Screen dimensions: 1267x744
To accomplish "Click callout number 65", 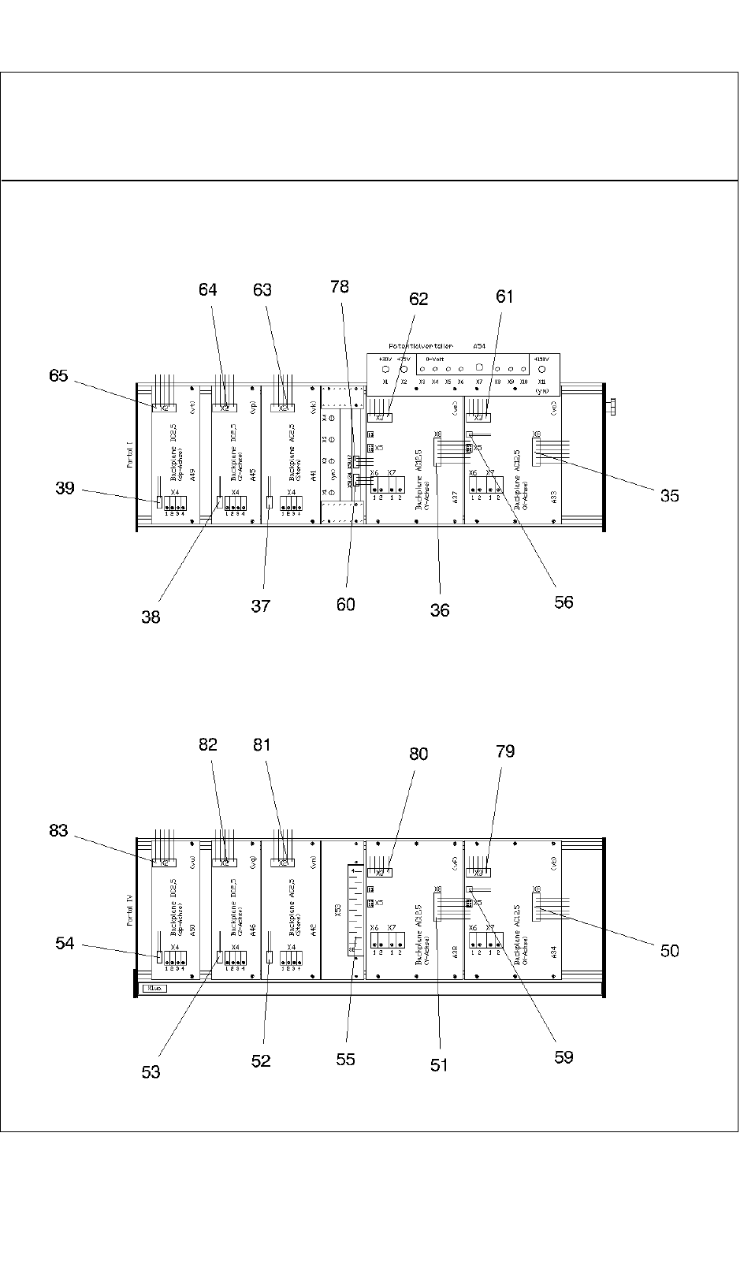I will [59, 376].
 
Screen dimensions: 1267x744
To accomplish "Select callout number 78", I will [340, 287].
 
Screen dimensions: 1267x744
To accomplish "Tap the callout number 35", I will [669, 496].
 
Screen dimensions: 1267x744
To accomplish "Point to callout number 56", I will [564, 602].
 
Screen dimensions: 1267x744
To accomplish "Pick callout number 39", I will [65, 488].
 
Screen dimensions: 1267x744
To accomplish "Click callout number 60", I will [345, 605].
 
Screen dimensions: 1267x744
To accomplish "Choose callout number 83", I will [59, 831].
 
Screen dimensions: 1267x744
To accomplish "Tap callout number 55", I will [345, 1060].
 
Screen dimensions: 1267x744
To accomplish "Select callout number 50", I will [669, 951].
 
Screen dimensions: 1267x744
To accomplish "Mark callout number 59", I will [564, 1057].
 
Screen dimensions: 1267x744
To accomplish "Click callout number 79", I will [504, 751].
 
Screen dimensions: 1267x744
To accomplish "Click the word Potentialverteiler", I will [420, 346].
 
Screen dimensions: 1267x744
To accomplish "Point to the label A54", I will [478, 346].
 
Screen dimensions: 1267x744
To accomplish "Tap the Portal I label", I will [130, 455].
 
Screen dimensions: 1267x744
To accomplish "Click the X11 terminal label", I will [541, 381].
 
